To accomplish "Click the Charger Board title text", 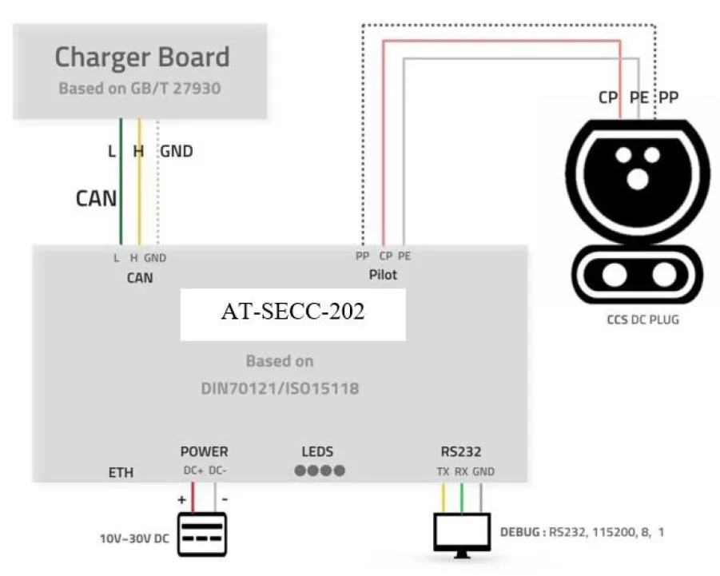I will pos(141,58).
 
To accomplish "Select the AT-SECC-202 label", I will pos(292,312).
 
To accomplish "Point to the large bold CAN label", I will pos(97,197).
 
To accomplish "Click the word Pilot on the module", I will pos(384,275).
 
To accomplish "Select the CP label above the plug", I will pos(609,98).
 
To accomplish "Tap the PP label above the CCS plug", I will pos(668,98).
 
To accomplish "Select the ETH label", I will pos(121,473).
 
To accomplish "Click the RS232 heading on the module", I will pos(460,451).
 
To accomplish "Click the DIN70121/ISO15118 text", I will pos(279,389).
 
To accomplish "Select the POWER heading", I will pos(204,451).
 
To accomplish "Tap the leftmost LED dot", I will pos(300,471).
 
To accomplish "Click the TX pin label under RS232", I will pos(443,471).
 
